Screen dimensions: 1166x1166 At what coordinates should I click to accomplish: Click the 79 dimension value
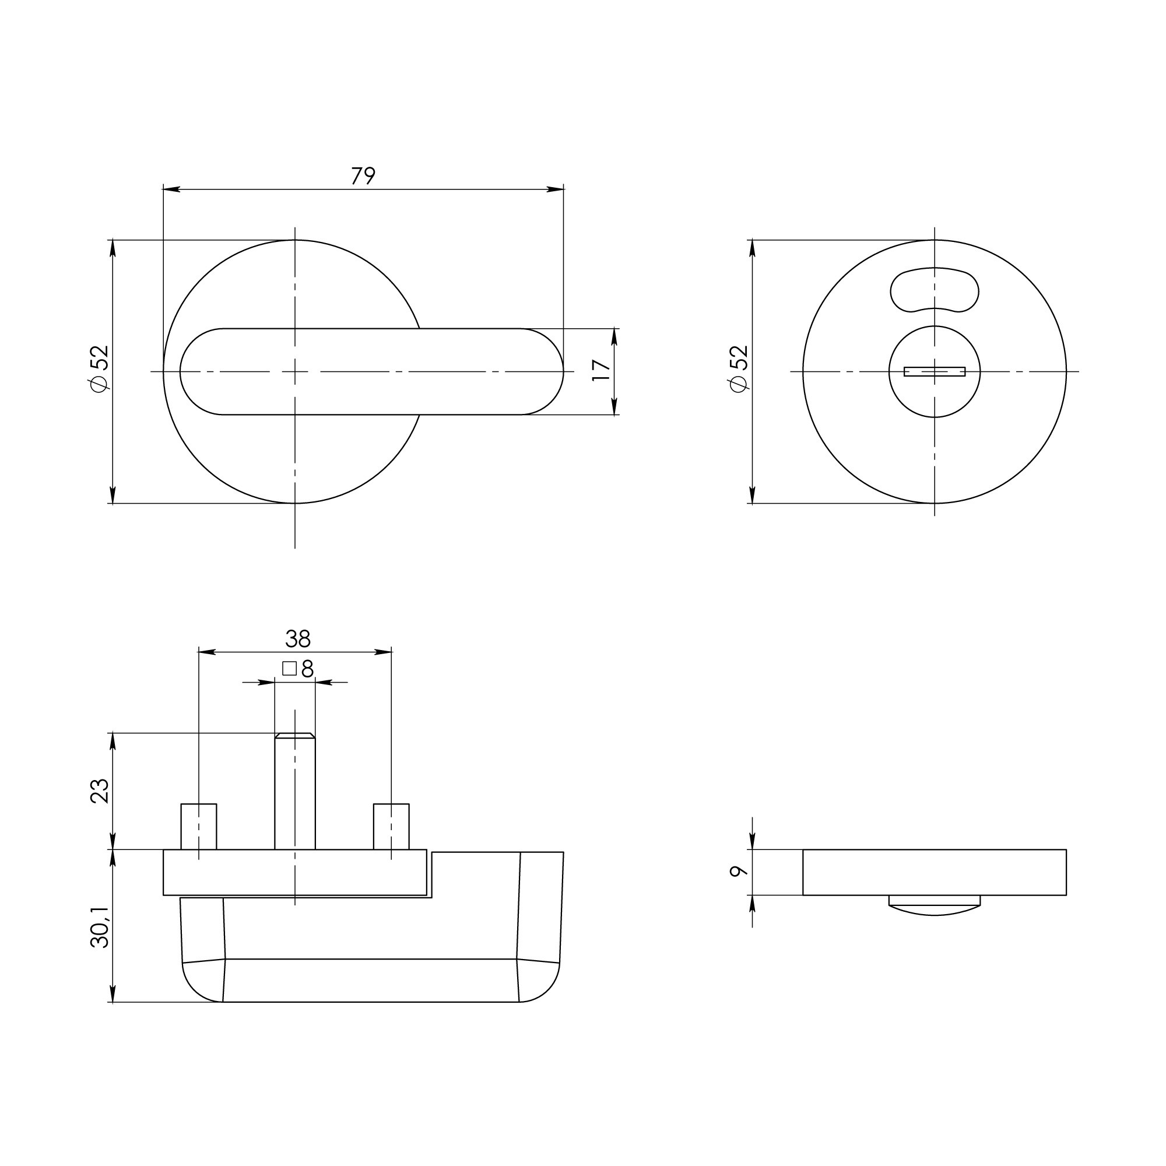363,175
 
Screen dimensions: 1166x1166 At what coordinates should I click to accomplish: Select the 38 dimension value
297,638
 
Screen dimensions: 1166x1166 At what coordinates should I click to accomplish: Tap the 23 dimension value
100,791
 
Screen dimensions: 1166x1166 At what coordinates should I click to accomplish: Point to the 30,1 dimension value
100,930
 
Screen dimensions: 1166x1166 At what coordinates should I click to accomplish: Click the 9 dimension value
739,871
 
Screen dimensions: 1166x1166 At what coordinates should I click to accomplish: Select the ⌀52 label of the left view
99,368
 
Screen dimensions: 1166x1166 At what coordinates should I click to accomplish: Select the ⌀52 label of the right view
739,368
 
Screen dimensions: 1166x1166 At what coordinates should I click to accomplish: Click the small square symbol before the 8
289,668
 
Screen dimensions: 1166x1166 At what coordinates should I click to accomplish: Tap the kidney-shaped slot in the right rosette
934,290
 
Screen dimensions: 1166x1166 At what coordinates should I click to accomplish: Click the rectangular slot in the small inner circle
934,371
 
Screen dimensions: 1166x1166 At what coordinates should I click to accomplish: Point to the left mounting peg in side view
199,826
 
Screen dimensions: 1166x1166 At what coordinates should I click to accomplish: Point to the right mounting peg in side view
391,826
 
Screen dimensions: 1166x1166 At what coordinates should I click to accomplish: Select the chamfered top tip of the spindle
294,735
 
